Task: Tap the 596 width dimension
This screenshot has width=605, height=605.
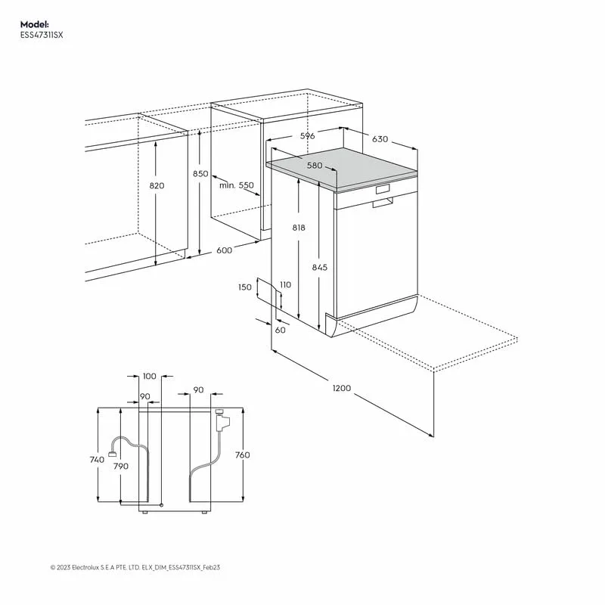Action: coord(307,136)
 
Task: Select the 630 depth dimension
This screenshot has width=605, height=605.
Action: coord(380,139)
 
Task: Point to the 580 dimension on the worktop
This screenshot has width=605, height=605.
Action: coord(315,166)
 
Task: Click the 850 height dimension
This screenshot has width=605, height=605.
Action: coord(200,173)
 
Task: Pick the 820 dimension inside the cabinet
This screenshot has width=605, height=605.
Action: coord(157,185)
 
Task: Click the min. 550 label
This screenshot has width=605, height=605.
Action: coord(237,185)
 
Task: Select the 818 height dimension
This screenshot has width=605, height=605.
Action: coord(299,228)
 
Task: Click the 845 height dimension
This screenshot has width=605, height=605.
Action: coord(320,267)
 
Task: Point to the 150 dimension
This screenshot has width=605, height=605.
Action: coord(244,287)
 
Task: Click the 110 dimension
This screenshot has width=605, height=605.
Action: coord(284,284)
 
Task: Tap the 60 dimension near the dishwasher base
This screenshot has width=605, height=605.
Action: coord(281,330)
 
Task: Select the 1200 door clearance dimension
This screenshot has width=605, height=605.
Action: coord(342,388)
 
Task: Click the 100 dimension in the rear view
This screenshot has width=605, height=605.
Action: coord(149,376)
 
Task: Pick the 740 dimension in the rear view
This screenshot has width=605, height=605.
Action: coord(96,460)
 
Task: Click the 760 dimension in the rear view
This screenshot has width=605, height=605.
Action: coord(242,455)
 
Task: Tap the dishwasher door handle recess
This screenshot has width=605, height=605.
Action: coord(382,202)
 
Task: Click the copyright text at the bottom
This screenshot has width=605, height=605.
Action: coord(139,566)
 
